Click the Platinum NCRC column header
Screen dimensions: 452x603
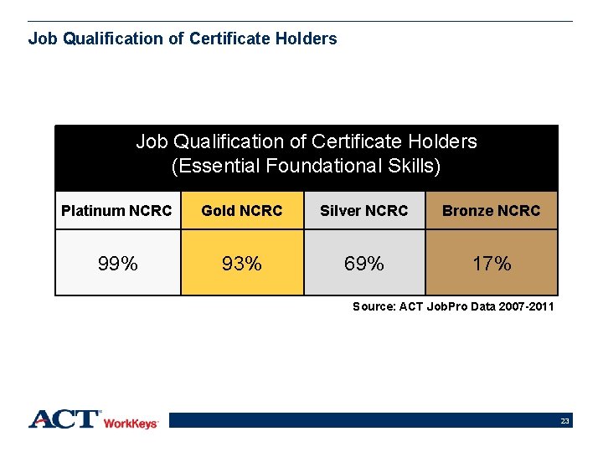coord(117,211)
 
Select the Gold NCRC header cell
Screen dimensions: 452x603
coord(242,211)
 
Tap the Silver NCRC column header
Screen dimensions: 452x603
coord(364,211)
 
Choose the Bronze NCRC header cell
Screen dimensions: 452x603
coord(492,211)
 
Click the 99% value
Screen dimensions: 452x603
coord(118,264)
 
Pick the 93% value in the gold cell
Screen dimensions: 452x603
coord(242,264)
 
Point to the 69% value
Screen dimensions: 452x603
coord(364,264)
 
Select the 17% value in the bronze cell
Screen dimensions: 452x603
coord(492,264)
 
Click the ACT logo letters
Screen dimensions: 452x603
coord(65,419)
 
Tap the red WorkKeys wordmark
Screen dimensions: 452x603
coord(131,424)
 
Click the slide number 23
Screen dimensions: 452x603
coord(565,421)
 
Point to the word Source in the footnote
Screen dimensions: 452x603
coord(374,307)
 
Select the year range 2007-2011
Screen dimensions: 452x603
coord(524,307)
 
